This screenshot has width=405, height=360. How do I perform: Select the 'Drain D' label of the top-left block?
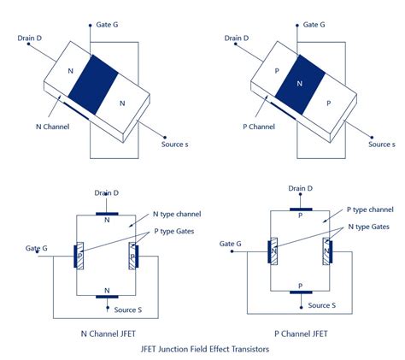[33, 38]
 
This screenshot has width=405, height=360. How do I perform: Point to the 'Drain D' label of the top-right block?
[237, 38]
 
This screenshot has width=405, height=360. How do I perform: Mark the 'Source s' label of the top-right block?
[382, 145]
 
